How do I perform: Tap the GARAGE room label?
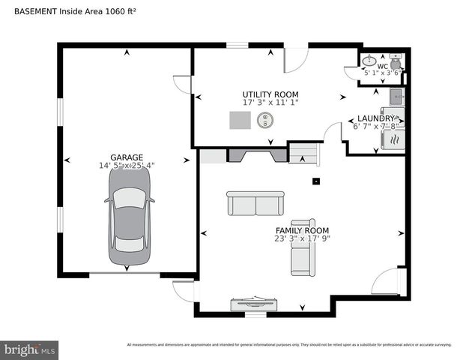pyautogui.click(x=127, y=157)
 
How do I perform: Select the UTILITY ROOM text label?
pyautogui.click(x=270, y=94)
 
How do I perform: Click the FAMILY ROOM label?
pyautogui.click(x=302, y=230)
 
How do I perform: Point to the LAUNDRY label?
pyautogui.click(x=375, y=118)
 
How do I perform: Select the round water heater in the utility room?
pyautogui.click(x=266, y=120)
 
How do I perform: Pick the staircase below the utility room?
pyautogui.click(x=303, y=154)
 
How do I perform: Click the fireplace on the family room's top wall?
pyautogui.click(x=257, y=154)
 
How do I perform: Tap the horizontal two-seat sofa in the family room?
pyautogui.click(x=255, y=203)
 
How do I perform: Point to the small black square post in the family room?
pyautogui.click(x=316, y=180)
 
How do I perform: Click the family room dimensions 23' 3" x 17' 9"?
pyautogui.click(x=302, y=239)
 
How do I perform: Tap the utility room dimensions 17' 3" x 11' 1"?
pyautogui.click(x=270, y=102)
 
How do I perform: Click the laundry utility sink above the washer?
pyautogui.click(x=397, y=96)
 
